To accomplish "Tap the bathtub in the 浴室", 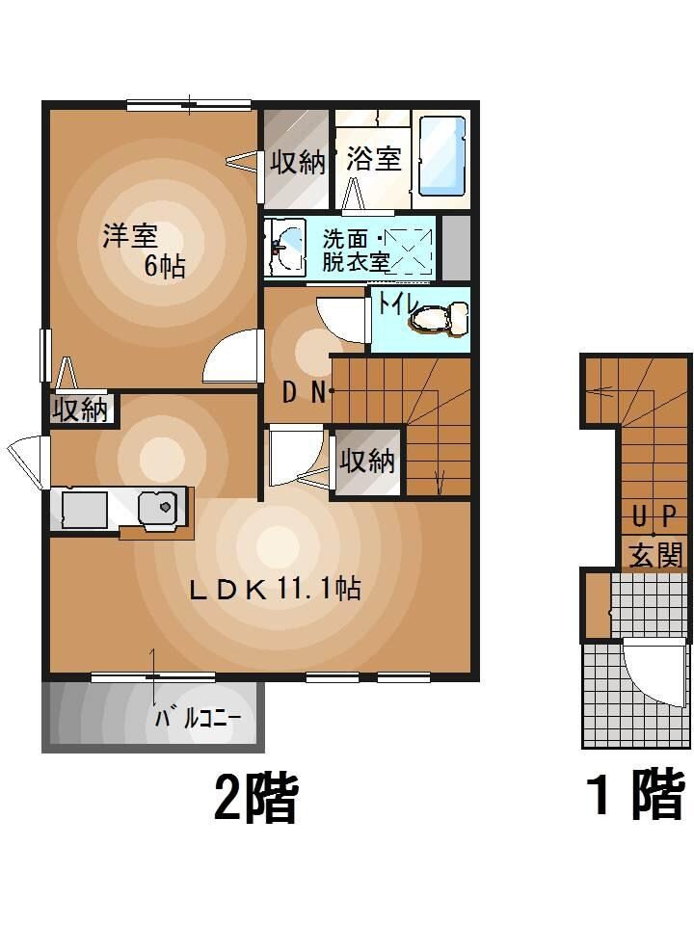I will coord(442,156).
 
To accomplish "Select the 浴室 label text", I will coord(373,159).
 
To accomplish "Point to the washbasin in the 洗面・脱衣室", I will coord(283,247).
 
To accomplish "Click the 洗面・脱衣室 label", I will coord(355,249).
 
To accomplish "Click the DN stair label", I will coord(307,390).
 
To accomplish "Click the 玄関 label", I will coord(656,554).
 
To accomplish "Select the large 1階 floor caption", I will coord(635,797).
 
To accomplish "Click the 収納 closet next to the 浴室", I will coord(297,161).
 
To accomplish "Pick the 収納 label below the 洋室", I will coord(81,410).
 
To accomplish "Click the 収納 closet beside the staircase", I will coord(367,462).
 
